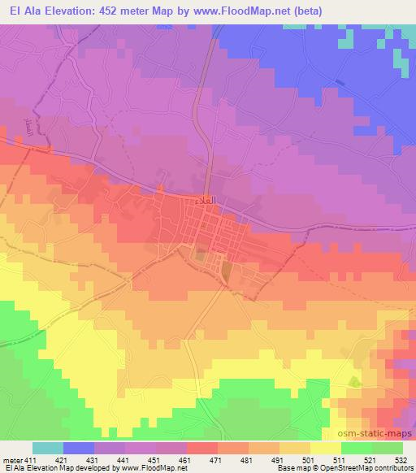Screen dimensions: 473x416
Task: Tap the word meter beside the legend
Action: pos(11,459)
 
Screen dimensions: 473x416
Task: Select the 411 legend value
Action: pos(31,459)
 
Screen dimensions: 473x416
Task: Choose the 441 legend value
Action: pos(123,459)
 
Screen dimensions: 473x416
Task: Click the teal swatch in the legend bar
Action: pos(48,448)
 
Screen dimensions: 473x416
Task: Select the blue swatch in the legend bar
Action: pos(79,448)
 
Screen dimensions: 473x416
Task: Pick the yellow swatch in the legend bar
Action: pos(326,448)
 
